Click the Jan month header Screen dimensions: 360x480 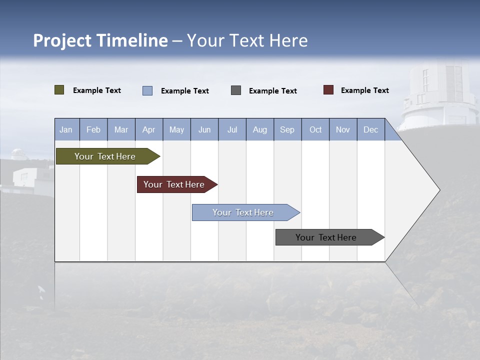pos(66,129)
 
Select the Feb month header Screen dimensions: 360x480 pos(93,129)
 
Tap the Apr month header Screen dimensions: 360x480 pos(148,129)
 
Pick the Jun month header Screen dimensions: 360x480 pos(204,129)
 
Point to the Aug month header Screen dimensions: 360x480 pos(260,129)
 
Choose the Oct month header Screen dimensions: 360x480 pos(315,129)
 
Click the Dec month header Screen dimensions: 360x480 pos(371,129)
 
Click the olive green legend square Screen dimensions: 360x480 pos(59,90)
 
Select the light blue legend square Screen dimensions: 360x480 pos(147,90)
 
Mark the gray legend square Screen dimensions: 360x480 pos(236,90)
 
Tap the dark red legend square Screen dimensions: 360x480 pos(328,90)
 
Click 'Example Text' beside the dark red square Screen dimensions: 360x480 pos(364,90)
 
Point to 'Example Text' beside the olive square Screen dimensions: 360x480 pos(97,90)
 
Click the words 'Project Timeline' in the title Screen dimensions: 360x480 pos(100,40)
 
